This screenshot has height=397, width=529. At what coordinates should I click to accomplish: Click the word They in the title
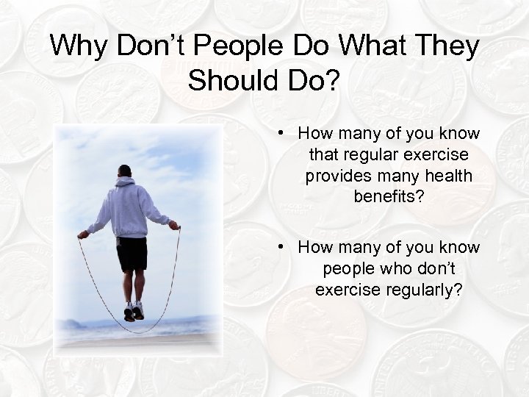[447, 46]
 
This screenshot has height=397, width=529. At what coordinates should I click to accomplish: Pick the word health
[444, 177]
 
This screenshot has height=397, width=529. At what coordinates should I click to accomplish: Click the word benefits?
[389, 198]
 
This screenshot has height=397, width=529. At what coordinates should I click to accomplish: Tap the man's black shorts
[132, 253]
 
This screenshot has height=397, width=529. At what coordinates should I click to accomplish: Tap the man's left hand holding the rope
[83, 235]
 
